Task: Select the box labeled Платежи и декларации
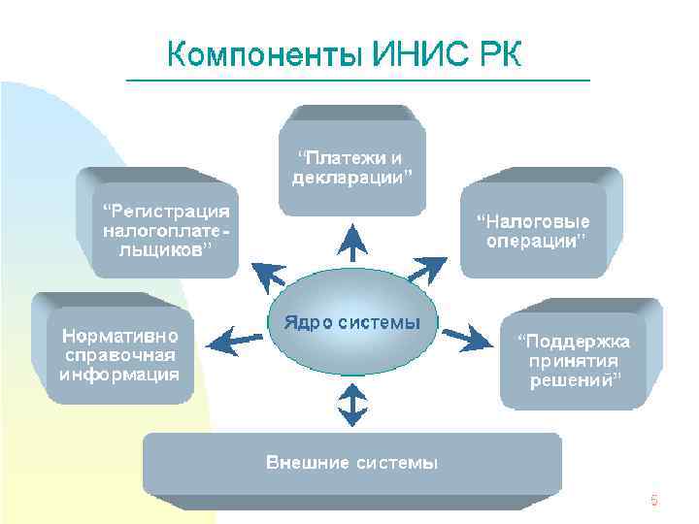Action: tap(351, 165)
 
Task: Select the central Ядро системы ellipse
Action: tap(351, 325)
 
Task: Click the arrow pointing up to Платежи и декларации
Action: tap(351, 239)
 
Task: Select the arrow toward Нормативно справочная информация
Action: tap(234, 339)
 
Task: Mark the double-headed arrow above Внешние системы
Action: tap(351, 401)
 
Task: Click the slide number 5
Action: tap(653, 501)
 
